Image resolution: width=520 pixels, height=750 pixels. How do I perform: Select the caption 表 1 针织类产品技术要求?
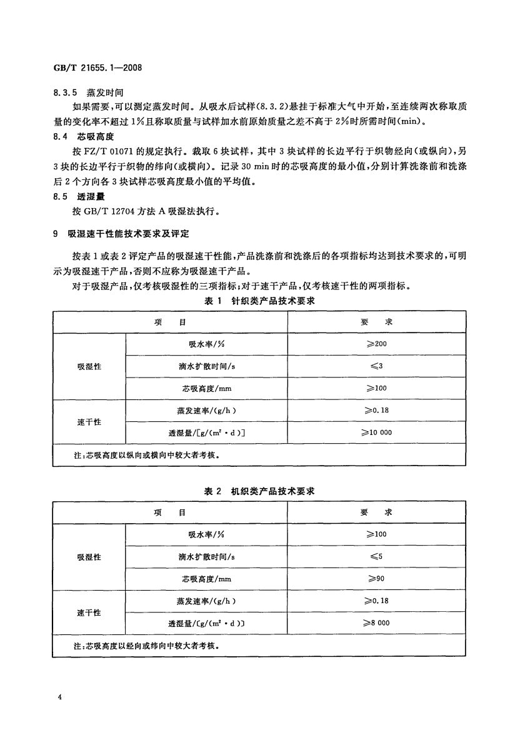[x=259, y=301]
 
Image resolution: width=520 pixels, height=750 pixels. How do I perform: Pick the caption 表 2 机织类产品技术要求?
[x=259, y=491]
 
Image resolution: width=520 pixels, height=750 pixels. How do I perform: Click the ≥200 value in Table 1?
[x=376, y=344]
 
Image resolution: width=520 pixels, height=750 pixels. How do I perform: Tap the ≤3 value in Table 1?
[x=376, y=366]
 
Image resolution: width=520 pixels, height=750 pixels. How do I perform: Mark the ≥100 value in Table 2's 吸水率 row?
[x=376, y=534]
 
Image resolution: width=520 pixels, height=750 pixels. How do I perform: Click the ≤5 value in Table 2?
[x=376, y=556]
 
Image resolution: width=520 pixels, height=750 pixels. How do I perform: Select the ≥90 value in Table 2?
[x=376, y=579]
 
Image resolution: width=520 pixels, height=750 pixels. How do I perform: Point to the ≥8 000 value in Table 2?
[x=376, y=622]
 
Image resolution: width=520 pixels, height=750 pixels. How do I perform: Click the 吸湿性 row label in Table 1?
[x=89, y=366]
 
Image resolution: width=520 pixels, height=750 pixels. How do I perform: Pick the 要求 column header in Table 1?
[x=376, y=322]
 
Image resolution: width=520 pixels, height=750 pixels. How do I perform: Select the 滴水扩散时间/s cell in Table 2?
[x=206, y=556]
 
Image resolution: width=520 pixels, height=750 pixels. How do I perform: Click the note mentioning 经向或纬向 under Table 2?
[x=140, y=645]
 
